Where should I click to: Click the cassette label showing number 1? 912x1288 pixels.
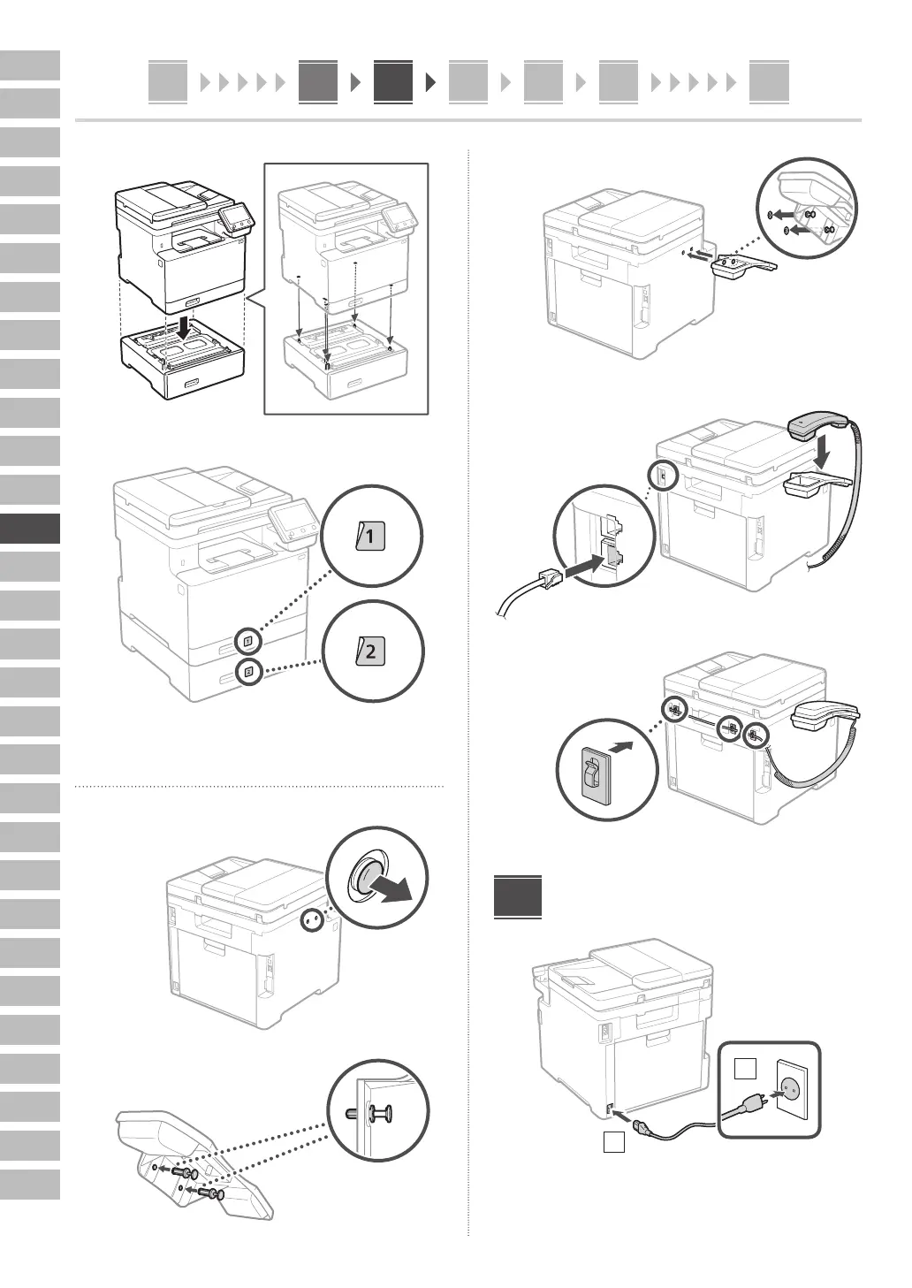click(x=371, y=536)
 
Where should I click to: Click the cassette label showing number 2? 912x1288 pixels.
click(x=370, y=652)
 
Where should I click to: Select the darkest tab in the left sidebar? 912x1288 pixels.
click(x=30, y=529)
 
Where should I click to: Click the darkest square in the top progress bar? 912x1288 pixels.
click(x=392, y=82)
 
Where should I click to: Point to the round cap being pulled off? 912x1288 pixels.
click(x=365, y=877)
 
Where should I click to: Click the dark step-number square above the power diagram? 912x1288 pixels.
click(x=518, y=896)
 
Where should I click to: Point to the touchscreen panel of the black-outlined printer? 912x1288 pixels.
click(x=234, y=215)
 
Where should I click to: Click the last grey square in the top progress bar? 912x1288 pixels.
click(x=768, y=82)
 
